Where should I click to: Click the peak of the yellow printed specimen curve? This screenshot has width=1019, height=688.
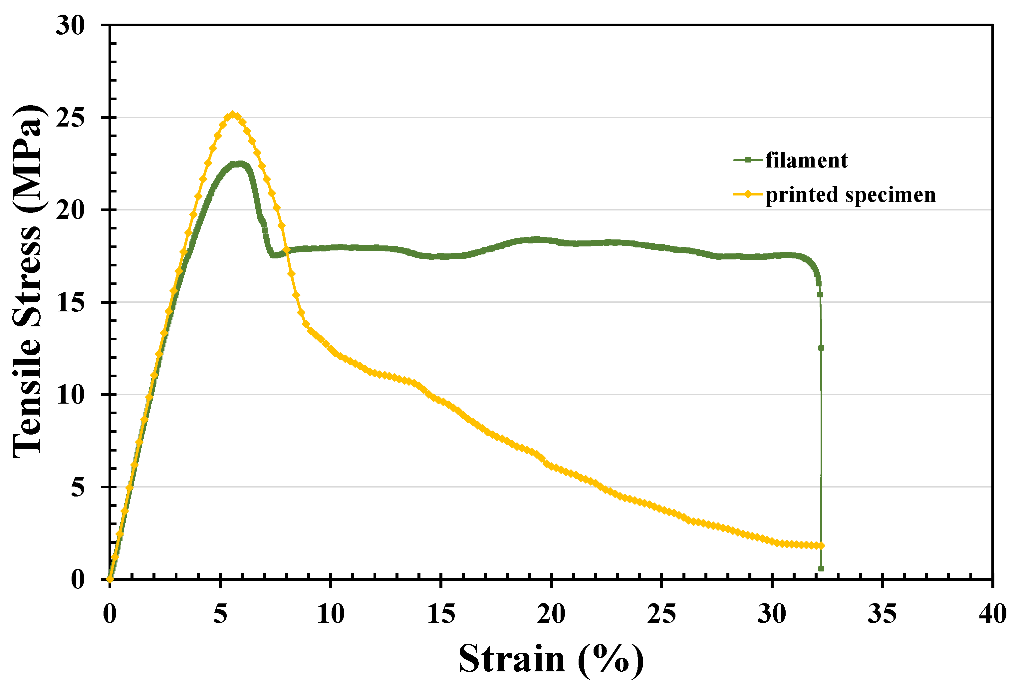(233, 115)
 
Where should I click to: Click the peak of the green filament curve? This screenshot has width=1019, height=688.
(239, 164)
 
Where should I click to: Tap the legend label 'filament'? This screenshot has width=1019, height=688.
(806, 161)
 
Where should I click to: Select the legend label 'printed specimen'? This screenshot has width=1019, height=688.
(850, 195)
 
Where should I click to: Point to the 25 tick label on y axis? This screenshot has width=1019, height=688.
(70, 118)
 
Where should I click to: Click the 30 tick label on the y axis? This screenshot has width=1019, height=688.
(70, 25)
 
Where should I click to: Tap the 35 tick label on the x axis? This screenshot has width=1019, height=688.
(882, 614)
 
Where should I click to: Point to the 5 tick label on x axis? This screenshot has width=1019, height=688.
(220, 614)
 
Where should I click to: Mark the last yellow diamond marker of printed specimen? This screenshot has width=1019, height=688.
(821, 545)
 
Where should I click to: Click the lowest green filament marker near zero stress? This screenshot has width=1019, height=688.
(821, 569)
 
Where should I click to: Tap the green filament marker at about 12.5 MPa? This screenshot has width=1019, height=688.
(821, 348)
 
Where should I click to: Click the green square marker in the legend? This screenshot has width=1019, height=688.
(748, 160)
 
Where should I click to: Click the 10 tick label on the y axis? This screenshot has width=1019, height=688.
(70, 395)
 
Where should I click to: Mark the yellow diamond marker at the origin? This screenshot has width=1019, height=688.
(110, 579)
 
